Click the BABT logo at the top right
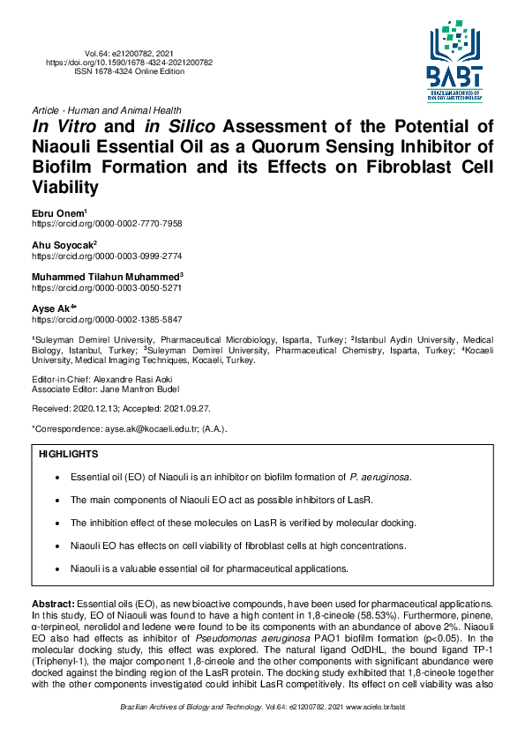point(456,60)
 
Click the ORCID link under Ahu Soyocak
point(107,256)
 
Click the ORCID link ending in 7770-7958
point(107,224)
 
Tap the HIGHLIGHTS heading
point(69,454)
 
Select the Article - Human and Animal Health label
point(106,109)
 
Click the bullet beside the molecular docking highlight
point(57,523)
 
